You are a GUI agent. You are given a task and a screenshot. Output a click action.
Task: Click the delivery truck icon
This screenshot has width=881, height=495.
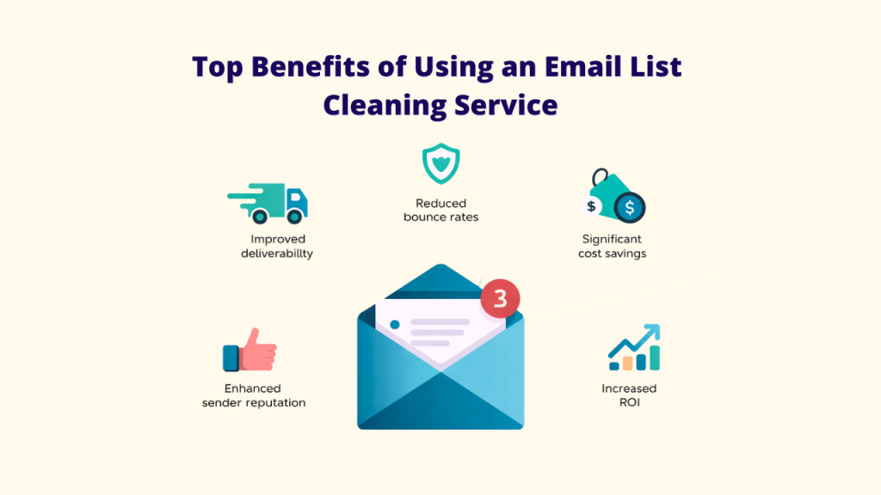pos(269,203)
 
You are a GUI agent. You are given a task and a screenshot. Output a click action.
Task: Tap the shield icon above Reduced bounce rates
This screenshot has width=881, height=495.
pos(440,164)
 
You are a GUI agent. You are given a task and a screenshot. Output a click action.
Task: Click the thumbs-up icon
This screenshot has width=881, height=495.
pos(250,350)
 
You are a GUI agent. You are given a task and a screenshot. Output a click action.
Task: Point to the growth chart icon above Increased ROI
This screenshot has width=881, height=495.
pos(634,346)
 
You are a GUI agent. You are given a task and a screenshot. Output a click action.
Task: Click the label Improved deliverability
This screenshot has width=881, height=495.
pos(277,246)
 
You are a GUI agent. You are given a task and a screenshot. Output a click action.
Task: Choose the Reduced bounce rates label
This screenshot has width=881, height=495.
pos(440,211)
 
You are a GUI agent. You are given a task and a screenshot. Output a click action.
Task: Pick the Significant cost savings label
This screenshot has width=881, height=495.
pos(612,246)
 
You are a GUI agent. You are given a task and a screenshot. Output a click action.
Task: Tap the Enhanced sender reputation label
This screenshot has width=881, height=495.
pos(253,395)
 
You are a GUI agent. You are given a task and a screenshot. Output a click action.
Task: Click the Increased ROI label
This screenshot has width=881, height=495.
pos(629,395)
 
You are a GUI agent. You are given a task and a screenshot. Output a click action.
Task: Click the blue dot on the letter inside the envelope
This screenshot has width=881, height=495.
pos(395,325)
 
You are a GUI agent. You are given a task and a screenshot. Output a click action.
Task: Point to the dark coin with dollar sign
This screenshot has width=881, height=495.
pos(631,208)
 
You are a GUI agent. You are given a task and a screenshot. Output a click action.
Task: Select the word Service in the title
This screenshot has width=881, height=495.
pos(506,105)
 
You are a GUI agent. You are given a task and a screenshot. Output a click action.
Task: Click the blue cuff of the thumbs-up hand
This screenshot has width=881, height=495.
pos(230,357)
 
